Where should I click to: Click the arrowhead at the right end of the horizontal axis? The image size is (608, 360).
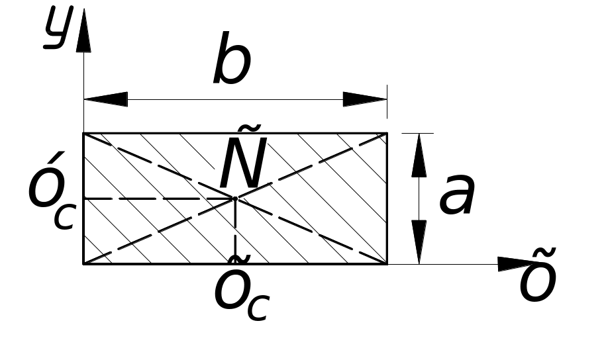click(x=513, y=264)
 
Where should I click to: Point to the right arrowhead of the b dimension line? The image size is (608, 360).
click(x=365, y=99)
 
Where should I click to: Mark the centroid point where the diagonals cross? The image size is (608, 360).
click(x=235, y=199)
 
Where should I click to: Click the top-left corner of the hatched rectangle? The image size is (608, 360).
click(x=83, y=134)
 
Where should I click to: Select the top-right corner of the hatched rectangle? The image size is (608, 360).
click(x=387, y=134)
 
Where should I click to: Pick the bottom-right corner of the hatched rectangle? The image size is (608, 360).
click(x=387, y=263)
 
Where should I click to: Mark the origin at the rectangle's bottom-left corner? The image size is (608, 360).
click(x=83, y=263)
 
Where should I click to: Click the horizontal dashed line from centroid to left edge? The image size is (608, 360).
click(x=159, y=199)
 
